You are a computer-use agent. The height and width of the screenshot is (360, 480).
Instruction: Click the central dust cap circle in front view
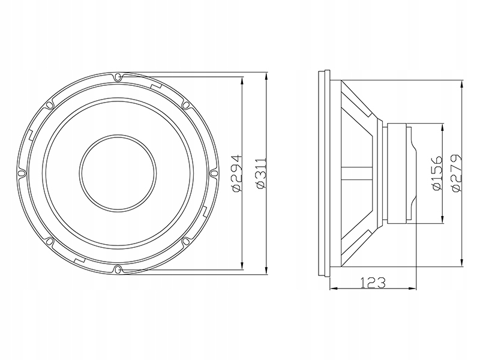pos(118,172)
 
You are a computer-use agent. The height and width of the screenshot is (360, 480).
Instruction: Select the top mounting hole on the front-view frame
pos(118,77)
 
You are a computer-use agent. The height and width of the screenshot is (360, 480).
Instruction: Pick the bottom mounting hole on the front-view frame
pos(118,268)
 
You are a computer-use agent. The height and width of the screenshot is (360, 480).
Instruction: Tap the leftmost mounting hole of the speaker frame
pos(22,172)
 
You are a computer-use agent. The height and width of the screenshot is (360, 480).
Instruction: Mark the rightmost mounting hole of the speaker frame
pos(213,172)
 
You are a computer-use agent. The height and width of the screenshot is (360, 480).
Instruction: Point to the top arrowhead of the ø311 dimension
pos(266,77)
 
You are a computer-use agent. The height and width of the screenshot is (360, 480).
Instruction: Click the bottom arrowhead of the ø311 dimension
pos(266,271)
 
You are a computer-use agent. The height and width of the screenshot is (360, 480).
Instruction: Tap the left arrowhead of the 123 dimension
pos(334,289)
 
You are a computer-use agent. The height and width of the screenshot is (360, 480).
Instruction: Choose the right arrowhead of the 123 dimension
pos(413,289)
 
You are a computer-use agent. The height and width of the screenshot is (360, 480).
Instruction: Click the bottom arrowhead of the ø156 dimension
pos(442,220)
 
